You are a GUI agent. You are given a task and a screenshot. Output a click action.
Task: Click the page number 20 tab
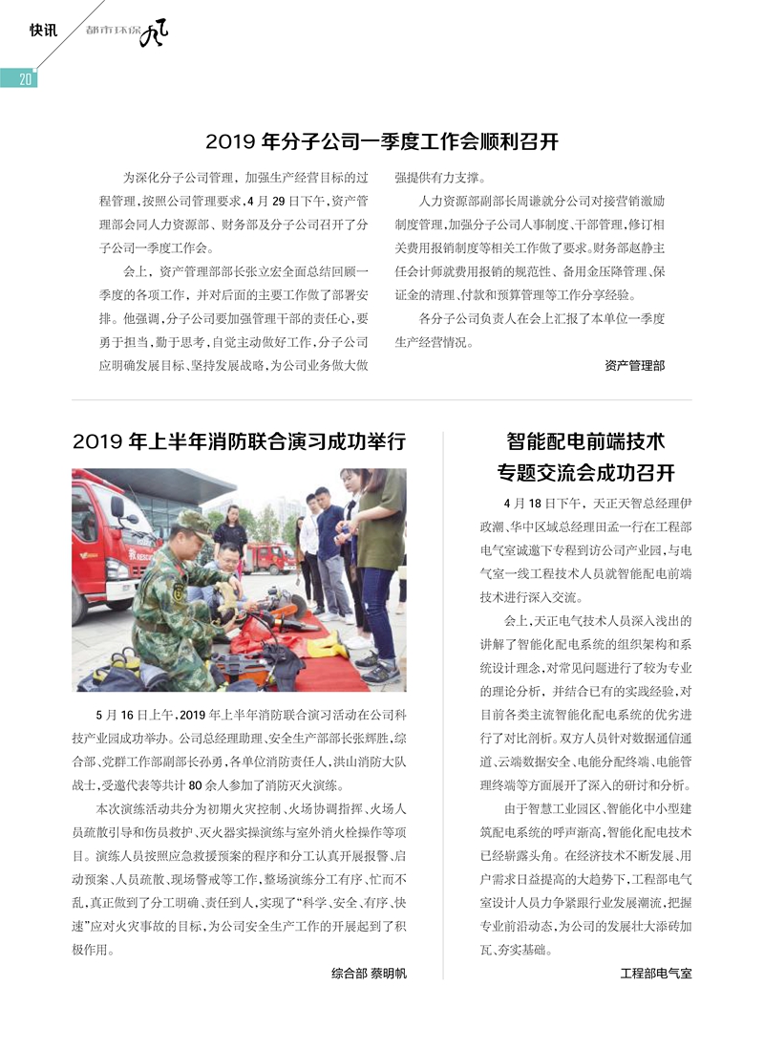pyautogui.click(x=21, y=79)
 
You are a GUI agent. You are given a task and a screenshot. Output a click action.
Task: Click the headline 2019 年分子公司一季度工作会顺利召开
pyautogui.click(x=382, y=142)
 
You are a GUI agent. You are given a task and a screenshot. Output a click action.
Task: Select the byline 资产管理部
pyautogui.click(x=635, y=365)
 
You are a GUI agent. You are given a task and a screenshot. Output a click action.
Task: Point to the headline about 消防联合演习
pyautogui.click(x=240, y=441)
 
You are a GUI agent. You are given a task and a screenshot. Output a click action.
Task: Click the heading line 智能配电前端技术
pyautogui.click(x=585, y=441)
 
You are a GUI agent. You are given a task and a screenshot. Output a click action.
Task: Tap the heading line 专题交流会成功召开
pyautogui.click(x=585, y=473)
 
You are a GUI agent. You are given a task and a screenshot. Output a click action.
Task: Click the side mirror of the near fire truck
pyautogui.click(x=117, y=507)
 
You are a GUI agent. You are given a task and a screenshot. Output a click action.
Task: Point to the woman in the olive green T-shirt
pyautogui.click(x=379, y=545)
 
